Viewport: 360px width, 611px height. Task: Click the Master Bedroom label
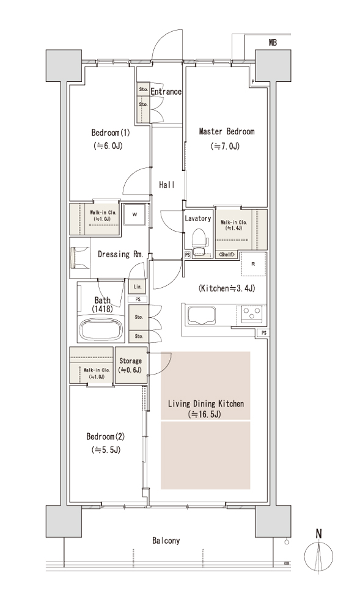click(x=226, y=131)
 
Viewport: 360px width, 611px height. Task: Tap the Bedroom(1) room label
click(x=111, y=133)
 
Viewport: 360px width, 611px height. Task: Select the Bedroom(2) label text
click(x=106, y=436)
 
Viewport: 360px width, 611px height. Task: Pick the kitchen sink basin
click(x=202, y=315)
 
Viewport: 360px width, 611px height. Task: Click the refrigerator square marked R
click(x=253, y=264)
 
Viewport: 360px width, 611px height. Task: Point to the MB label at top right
click(x=273, y=43)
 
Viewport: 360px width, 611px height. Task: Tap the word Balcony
click(x=166, y=541)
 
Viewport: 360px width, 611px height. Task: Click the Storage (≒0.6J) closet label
click(x=131, y=365)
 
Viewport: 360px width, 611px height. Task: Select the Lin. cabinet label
click(x=138, y=287)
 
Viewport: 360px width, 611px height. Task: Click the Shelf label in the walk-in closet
click(x=226, y=254)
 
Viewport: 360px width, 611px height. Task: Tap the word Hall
click(x=166, y=185)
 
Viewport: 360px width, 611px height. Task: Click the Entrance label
click(x=166, y=92)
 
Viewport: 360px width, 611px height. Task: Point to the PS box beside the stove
click(x=264, y=333)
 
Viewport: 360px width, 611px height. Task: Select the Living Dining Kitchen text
click(x=206, y=404)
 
